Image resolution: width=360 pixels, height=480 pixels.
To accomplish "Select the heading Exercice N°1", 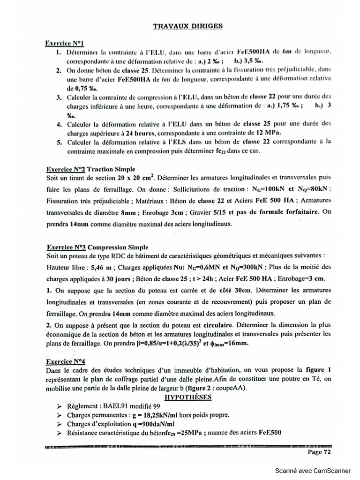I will pyautogui.click(x=64, y=43).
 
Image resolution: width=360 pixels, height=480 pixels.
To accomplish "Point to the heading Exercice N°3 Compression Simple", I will pyautogui.click(x=97, y=247).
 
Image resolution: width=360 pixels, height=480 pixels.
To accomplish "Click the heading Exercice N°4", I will pyautogui.click(x=65, y=361).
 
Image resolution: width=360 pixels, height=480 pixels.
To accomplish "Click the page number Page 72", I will pyautogui.click(x=320, y=452).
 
